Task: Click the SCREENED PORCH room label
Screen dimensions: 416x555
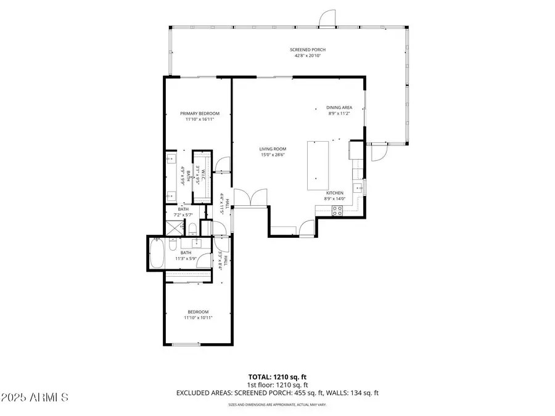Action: [308, 50]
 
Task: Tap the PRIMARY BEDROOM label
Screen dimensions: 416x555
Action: [199, 113]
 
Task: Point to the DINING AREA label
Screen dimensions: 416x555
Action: [339, 107]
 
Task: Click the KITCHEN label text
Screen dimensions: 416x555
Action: [335, 193]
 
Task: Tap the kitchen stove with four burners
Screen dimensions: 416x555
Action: [337, 210]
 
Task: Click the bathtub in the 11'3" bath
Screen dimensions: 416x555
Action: [157, 253]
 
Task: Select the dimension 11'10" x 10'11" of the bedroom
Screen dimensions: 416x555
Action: [199, 318]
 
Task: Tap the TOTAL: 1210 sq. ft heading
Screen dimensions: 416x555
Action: [277, 376]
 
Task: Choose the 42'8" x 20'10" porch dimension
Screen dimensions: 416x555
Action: [308, 56]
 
